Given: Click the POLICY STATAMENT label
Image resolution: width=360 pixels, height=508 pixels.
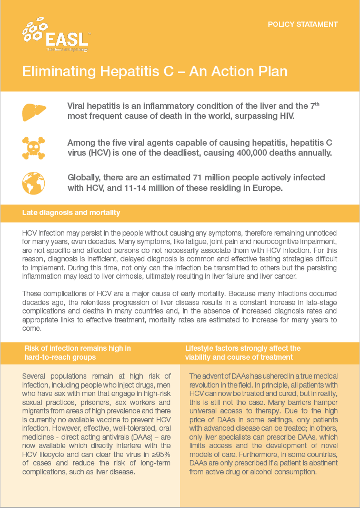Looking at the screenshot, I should tap(303, 24).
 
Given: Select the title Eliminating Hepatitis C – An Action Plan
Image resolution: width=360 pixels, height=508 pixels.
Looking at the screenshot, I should tap(155, 71).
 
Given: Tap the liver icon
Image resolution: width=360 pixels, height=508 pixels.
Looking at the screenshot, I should tap(34, 111).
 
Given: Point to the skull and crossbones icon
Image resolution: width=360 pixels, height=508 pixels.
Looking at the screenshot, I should tap(34, 148).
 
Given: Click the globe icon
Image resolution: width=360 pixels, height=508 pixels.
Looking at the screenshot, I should tap(34, 182).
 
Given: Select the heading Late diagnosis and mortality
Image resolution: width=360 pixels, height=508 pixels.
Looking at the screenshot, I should tap(71, 212).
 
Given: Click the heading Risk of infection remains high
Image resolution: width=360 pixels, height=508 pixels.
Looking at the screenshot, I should tap(77, 348).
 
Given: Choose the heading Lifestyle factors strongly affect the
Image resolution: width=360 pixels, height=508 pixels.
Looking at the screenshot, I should tap(243, 348).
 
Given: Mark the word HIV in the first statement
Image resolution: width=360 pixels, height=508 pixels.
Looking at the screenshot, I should tap(283, 116).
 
